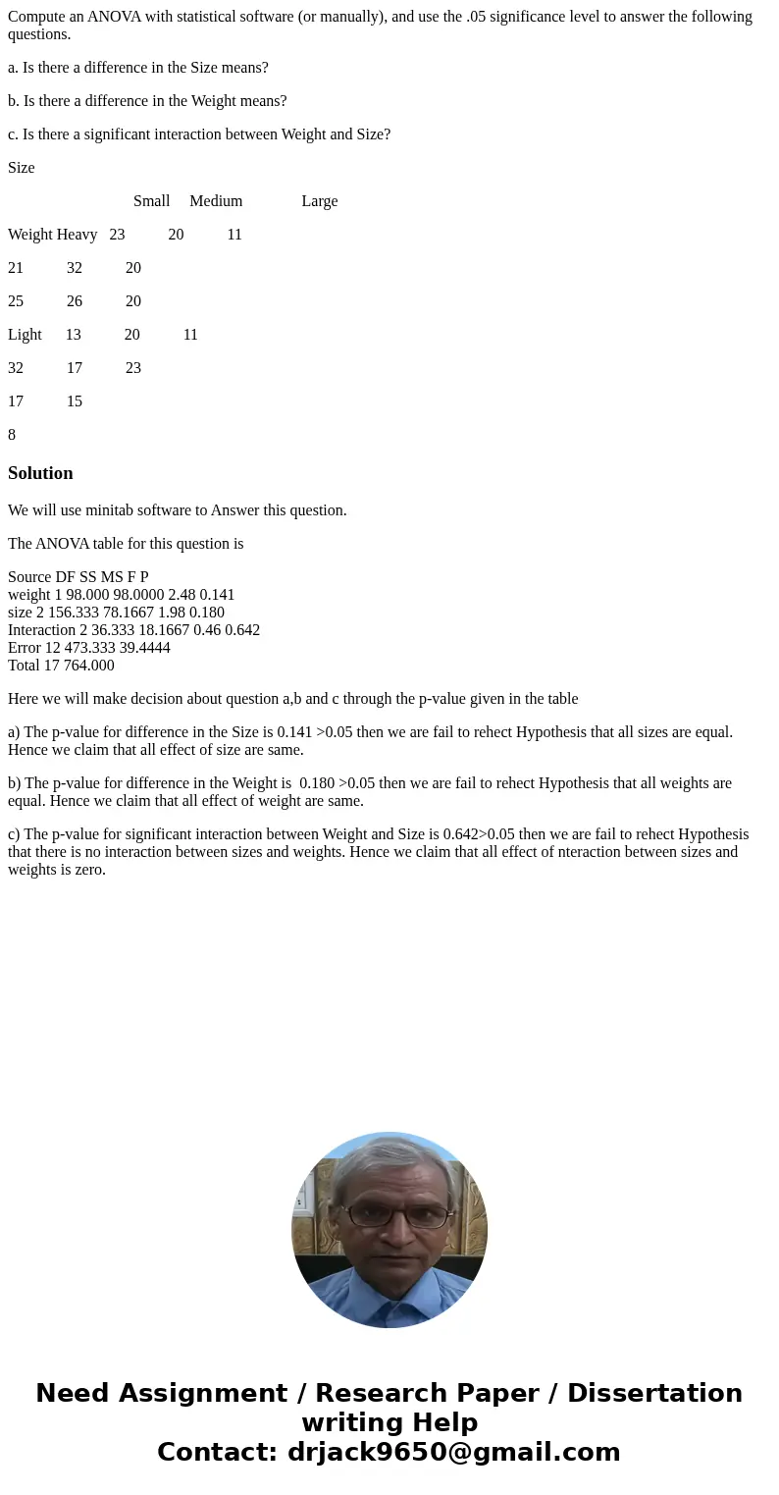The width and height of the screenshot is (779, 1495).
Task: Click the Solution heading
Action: click(40, 473)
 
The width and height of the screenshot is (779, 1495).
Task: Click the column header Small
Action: click(151, 201)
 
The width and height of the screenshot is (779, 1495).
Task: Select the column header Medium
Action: click(216, 201)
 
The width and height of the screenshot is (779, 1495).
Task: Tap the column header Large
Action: click(319, 201)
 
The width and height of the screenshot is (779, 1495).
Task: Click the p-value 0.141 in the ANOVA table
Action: click(217, 595)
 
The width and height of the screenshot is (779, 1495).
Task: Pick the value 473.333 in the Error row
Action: click(88, 648)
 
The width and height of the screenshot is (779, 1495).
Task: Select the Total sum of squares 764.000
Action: click(89, 666)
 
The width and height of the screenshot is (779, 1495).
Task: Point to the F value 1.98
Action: click(169, 613)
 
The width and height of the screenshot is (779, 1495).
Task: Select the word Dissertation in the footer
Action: click(654, 1394)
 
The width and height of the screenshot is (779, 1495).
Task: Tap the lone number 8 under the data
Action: click(12, 435)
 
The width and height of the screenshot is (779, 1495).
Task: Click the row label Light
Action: click(25, 335)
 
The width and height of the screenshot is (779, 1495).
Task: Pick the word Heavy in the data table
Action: click(77, 235)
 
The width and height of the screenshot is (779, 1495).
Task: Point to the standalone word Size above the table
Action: click(21, 168)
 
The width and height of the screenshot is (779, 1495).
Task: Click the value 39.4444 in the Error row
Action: click(142, 648)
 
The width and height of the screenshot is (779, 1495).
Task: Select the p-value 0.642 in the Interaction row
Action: click(240, 630)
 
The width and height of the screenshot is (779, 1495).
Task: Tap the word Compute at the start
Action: click(37, 17)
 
